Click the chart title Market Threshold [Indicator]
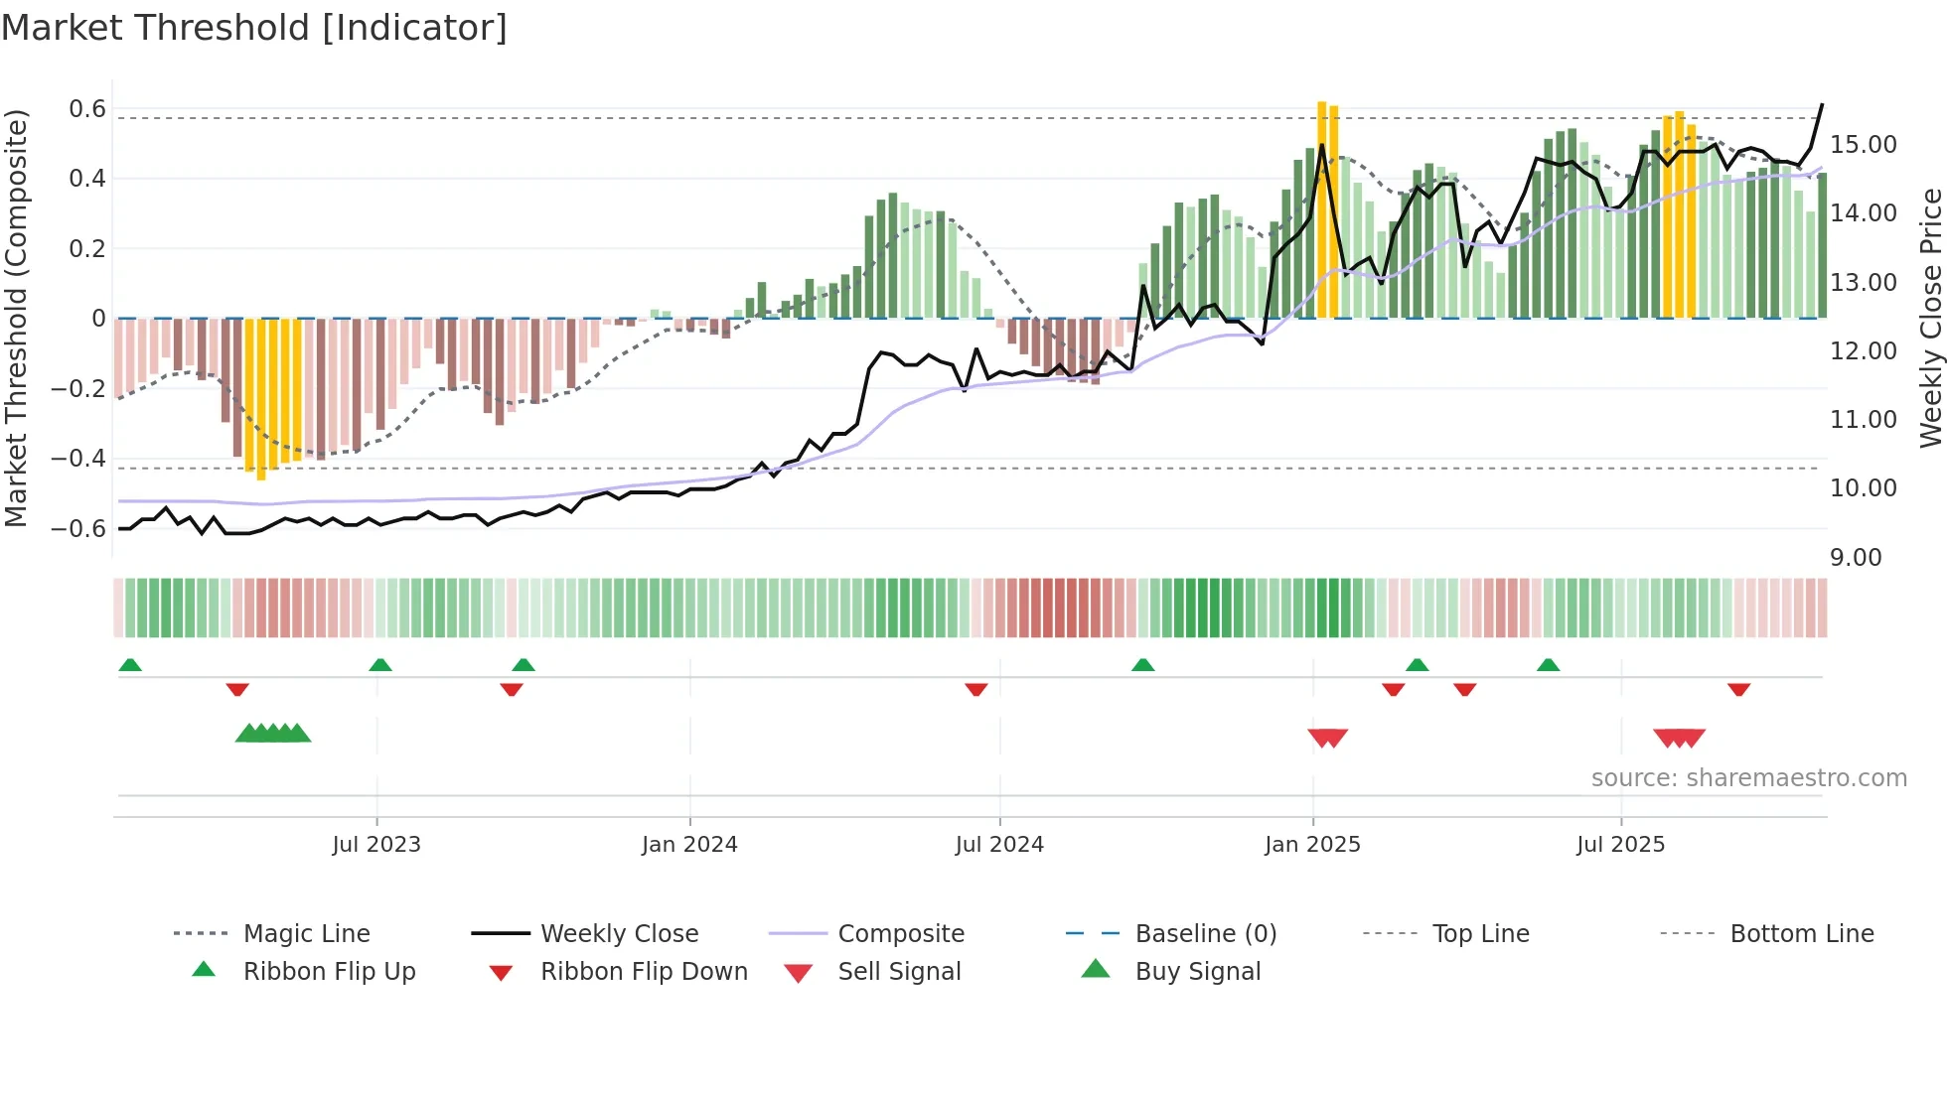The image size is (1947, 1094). pyautogui.click(x=254, y=28)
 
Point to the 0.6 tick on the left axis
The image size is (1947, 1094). pyautogui.click(x=87, y=108)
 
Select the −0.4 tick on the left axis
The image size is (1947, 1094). pyautogui.click(x=78, y=458)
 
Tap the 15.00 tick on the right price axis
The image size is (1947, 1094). pyautogui.click(x=1863, y=145)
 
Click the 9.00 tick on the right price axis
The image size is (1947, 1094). pyautogui.click(x=1856, y=558)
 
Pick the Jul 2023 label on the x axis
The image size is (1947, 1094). pyautogui.click(x=376, y=845)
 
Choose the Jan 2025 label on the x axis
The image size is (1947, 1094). pyautogui.click(x=1312, y=845)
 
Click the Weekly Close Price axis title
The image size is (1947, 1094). pyautogui.click(x=1930, y=318)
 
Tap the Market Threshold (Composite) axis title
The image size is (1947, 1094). pyautogui.click(x=16, y=318)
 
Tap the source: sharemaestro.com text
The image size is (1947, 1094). pyautogui.click(x=1748, y=778)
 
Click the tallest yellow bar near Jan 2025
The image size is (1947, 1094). pyautogui.click(x=1322, y=208)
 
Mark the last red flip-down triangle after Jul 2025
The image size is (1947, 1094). pyautogui.click(x=1738, y=689)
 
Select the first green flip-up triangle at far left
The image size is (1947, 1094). pyautogui.click(x=130, y=665)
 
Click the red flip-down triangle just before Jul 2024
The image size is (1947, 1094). pyautogui.click(x=976, y=689)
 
